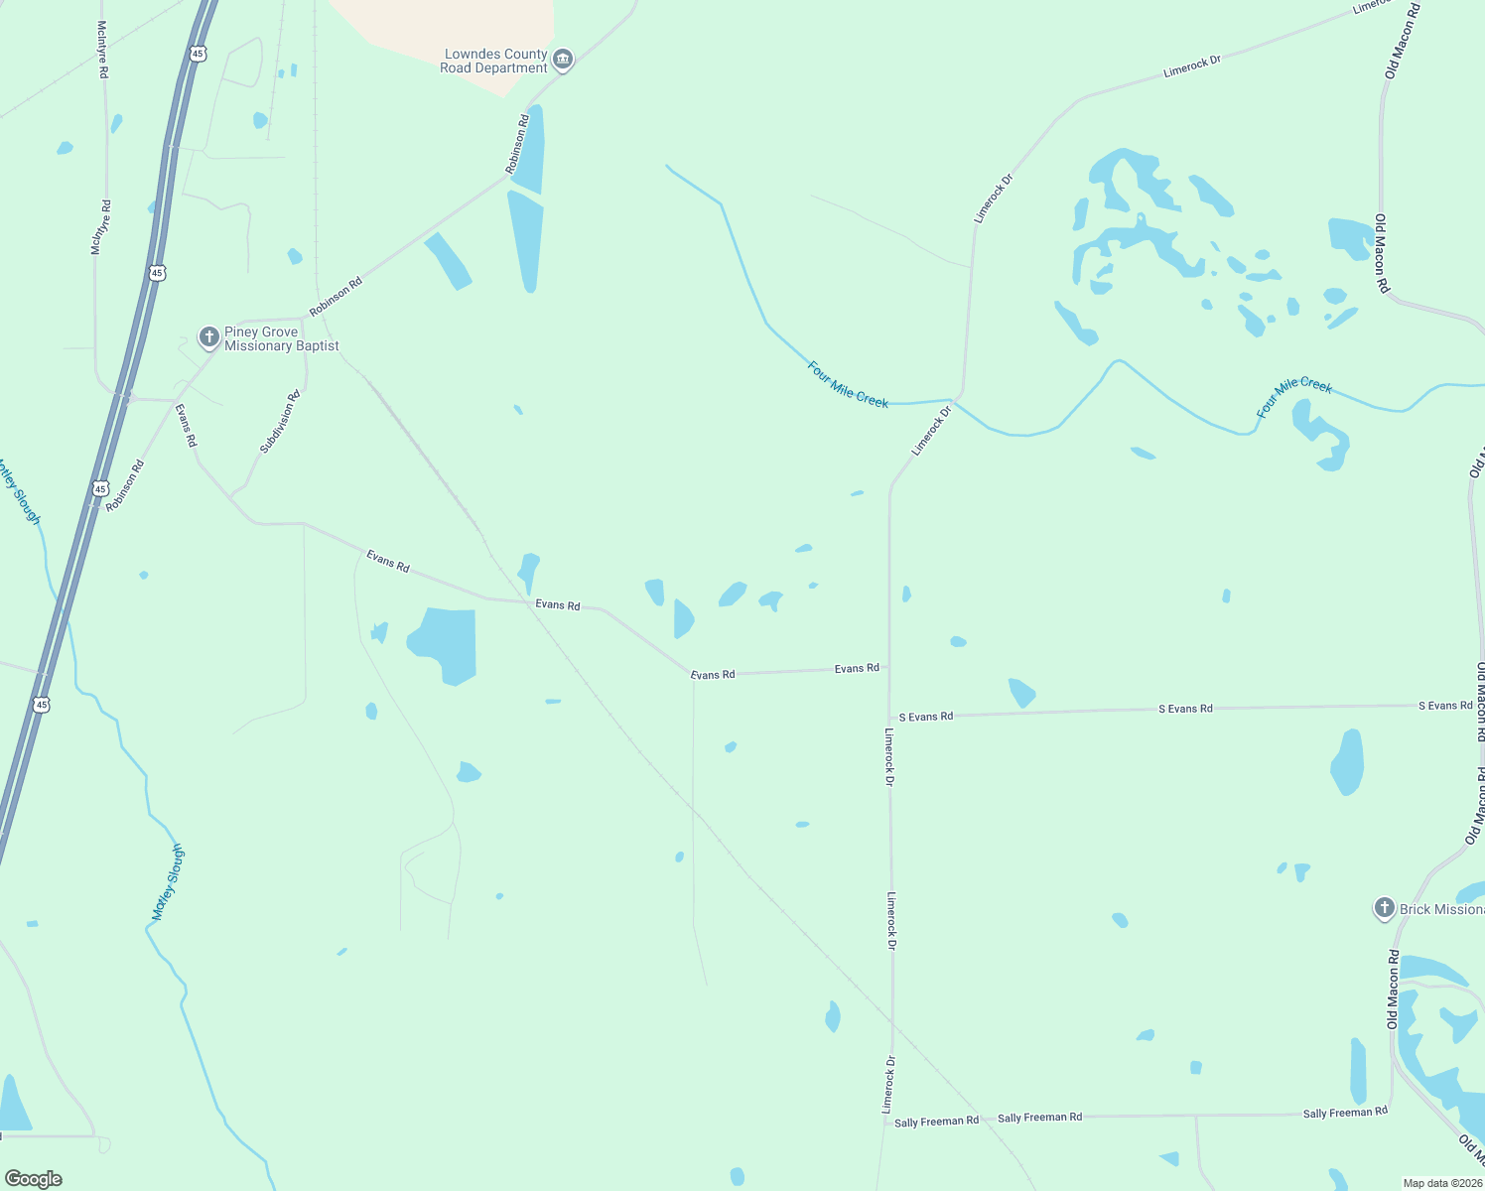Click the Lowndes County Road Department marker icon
tap(563, 60)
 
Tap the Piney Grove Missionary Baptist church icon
tap(208, 337)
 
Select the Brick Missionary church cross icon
tap(1384, 908)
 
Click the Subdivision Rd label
tap(280, 423)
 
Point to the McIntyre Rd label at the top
tap(102, 50)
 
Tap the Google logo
tap(33, 1178)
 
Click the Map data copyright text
tap(1441, 1183)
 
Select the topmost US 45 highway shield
tap(200, 54)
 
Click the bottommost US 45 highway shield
tap(41, 704)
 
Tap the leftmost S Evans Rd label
tap(925, 716)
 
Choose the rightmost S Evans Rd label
tap(1445, 706)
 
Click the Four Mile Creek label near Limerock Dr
tap(848, 384)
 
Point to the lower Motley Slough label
tap(169, 882)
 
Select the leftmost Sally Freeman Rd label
tap(936, 1122)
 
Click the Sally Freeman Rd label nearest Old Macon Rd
tap(1345, 1113)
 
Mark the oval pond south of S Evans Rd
tap(1347, 762)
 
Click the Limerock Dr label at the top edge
tap(1370, 7)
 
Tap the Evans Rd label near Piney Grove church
tap(186, 425)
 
